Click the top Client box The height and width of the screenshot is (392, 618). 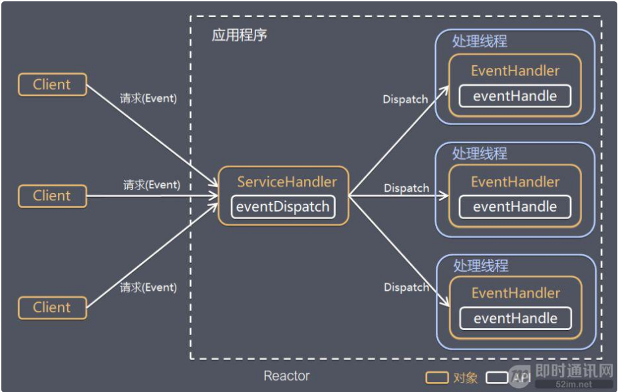(x=52, y=85)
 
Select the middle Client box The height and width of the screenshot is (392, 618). (x=52, y=196)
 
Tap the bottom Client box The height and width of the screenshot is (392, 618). (x=52, y=307)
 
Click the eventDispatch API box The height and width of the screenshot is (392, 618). (x=283, y=206)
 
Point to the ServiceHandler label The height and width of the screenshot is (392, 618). (x=287, y=182)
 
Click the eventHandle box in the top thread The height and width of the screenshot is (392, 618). (x=515, y=96)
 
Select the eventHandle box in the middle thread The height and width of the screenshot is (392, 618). (x=515, y=206)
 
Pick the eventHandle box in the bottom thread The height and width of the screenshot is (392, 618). (x=515, y=317)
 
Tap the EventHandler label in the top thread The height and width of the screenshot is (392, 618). (x=515, y=71)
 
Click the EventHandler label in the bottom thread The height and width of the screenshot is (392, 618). (x=515, y=293)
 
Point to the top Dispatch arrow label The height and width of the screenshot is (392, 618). (x=405, y=99)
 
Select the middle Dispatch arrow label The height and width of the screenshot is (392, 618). (x=406, y=188)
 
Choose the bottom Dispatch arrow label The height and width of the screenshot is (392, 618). (x=406, y=288)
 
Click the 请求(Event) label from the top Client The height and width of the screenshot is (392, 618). (x=148, y=98)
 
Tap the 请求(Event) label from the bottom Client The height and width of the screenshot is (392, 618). (x=148, y=288)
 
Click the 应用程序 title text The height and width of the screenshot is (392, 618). (x=239, y=35)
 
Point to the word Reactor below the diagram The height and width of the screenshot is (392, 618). (x=286, y=376)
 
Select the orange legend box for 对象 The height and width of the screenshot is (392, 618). (x=436, y=377)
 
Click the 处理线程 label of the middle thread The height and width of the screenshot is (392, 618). (x=480, y=153)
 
